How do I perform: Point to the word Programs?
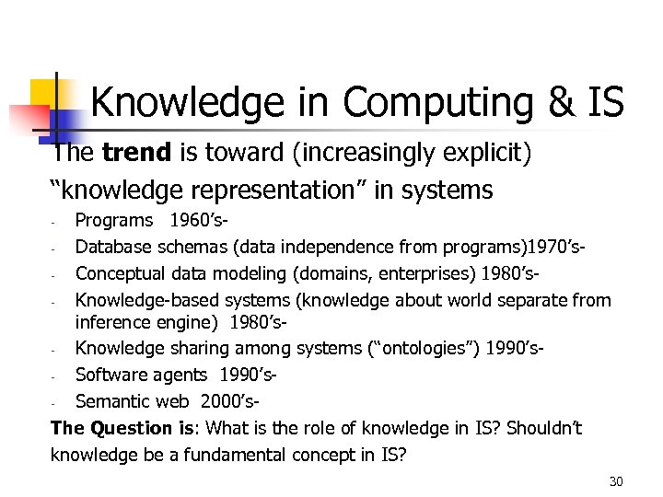pos(114,221)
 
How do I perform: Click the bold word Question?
pos(127,428)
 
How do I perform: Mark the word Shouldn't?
pos(544,428)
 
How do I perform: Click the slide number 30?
pos(616,482)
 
